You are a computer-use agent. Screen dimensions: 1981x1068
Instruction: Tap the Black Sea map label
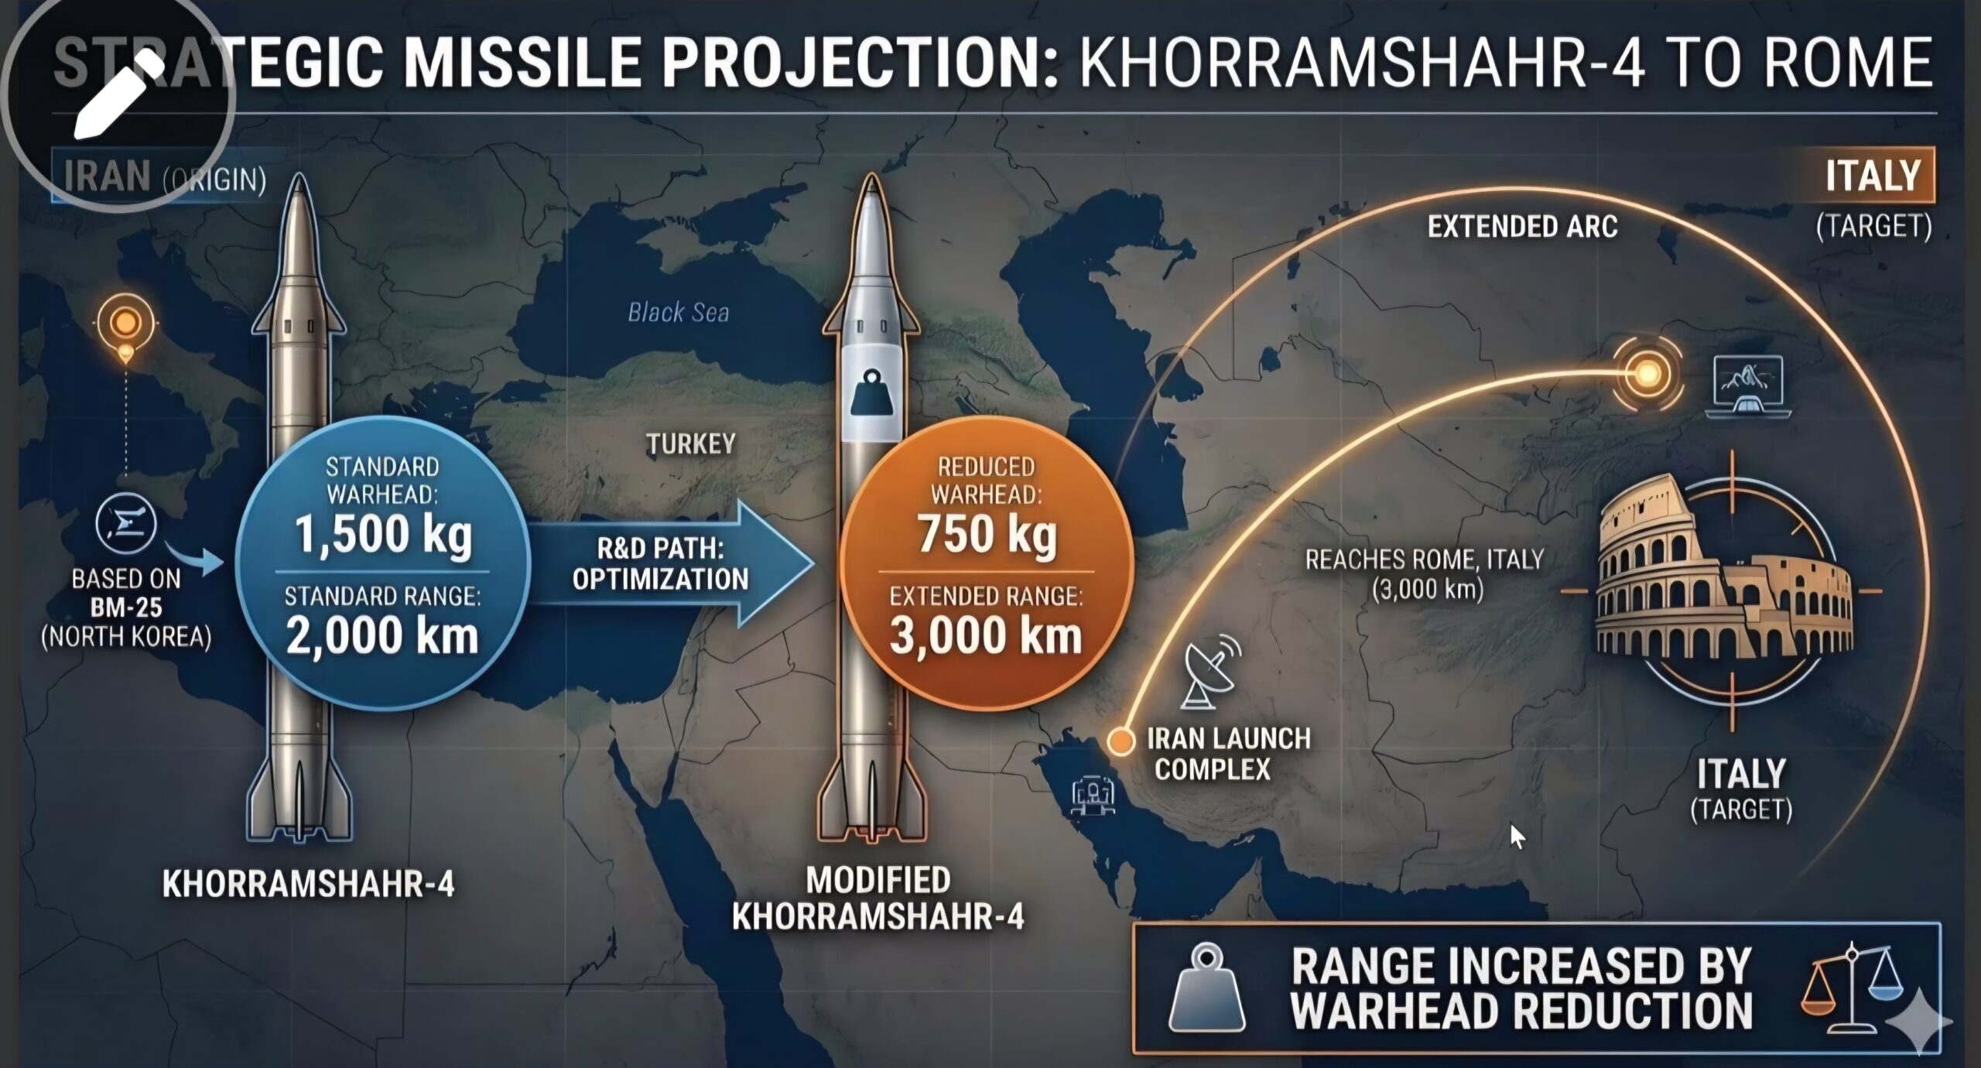point(678,312)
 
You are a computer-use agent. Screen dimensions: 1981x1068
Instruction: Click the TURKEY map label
point(691,443)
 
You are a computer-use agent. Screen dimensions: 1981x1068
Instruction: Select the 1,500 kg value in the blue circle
point(383,534)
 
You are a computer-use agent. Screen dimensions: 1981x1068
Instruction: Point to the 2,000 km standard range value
point(382,635)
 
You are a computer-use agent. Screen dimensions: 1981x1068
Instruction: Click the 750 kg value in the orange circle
point(987,534)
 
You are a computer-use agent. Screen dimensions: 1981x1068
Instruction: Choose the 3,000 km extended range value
point(986,635)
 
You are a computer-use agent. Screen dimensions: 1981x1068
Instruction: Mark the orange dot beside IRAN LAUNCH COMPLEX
point(1119,741)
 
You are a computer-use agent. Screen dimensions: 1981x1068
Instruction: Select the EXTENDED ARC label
point(1522,227)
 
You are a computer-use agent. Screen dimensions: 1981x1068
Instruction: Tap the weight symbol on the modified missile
point(871,394)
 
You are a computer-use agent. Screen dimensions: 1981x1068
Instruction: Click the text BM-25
point(126,608)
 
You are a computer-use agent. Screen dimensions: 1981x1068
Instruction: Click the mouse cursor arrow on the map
point(1517,837)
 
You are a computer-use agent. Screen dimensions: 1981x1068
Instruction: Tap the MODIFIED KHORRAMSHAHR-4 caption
point(878,899)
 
